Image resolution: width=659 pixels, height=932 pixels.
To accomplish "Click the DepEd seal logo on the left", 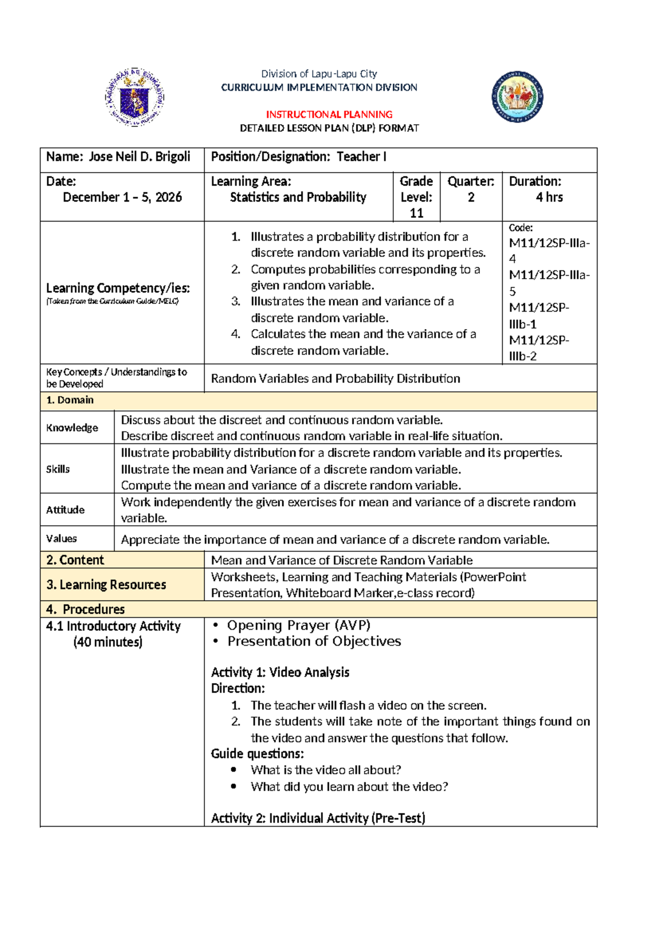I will click(x=135, y=98).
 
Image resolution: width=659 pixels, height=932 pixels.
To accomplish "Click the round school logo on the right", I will click(x=517, y=97).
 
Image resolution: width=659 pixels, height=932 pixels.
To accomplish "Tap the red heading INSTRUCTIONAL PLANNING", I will click(x=329, y=114).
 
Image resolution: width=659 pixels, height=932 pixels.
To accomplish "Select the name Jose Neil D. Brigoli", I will click(x=139, y=157).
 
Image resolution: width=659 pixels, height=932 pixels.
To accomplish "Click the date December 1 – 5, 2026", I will click(x=122, y=197).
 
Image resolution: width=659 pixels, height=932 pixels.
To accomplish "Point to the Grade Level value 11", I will click(x=416, y=213).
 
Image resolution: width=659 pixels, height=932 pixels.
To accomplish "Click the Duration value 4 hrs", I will click(x=549, y=197).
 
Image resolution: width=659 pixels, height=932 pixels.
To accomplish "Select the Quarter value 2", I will click(x=471, y=197).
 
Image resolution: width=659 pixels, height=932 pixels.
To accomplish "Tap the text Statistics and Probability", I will click(x=298, y=197).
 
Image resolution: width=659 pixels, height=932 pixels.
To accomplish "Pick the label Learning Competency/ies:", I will click(x=118, y=288).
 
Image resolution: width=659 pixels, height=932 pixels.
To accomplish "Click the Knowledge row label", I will click(x=72, y=428).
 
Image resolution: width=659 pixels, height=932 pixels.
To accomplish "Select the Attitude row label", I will click(x=65, y=509).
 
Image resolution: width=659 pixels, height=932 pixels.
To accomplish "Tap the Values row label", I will click(x=62, y=539).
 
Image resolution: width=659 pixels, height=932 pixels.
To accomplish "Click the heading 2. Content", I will click(x=75, y=560).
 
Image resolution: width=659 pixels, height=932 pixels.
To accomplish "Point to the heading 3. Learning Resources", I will click(x=106, y=585).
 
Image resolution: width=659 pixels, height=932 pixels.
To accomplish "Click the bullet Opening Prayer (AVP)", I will click(x=299, y=625).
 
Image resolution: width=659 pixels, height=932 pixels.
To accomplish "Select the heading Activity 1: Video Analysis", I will click(x=280, y=672).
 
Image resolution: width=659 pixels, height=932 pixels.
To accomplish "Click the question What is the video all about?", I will click(x=326, y=770).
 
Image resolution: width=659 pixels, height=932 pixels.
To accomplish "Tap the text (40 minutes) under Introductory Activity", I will click(x=108, y=642).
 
